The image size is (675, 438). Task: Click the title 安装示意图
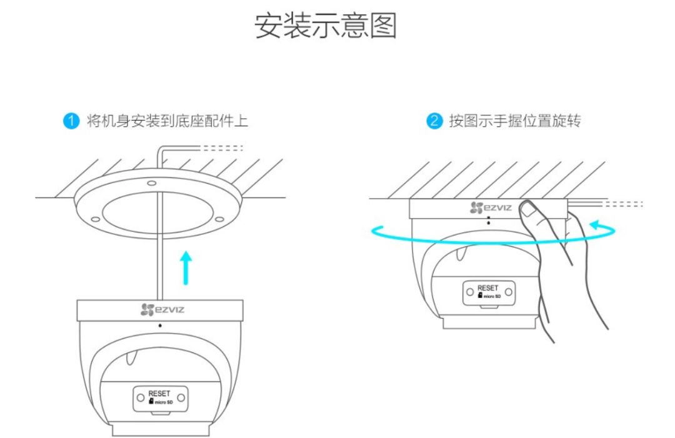tap(326, 26)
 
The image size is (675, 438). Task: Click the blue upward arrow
tap(186, 265)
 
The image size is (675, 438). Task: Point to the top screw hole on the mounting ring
tap(151, 184)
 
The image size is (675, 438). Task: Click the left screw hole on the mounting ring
tap(94, 219)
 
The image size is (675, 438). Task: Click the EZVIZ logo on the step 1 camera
tap(161, 309)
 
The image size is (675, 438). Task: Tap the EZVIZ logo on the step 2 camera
tap(491, 207)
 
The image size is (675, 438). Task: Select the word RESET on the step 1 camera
tap(159, 394)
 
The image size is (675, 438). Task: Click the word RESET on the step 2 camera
tap(488, 288)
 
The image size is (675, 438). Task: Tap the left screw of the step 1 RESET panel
tap(140, 397)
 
